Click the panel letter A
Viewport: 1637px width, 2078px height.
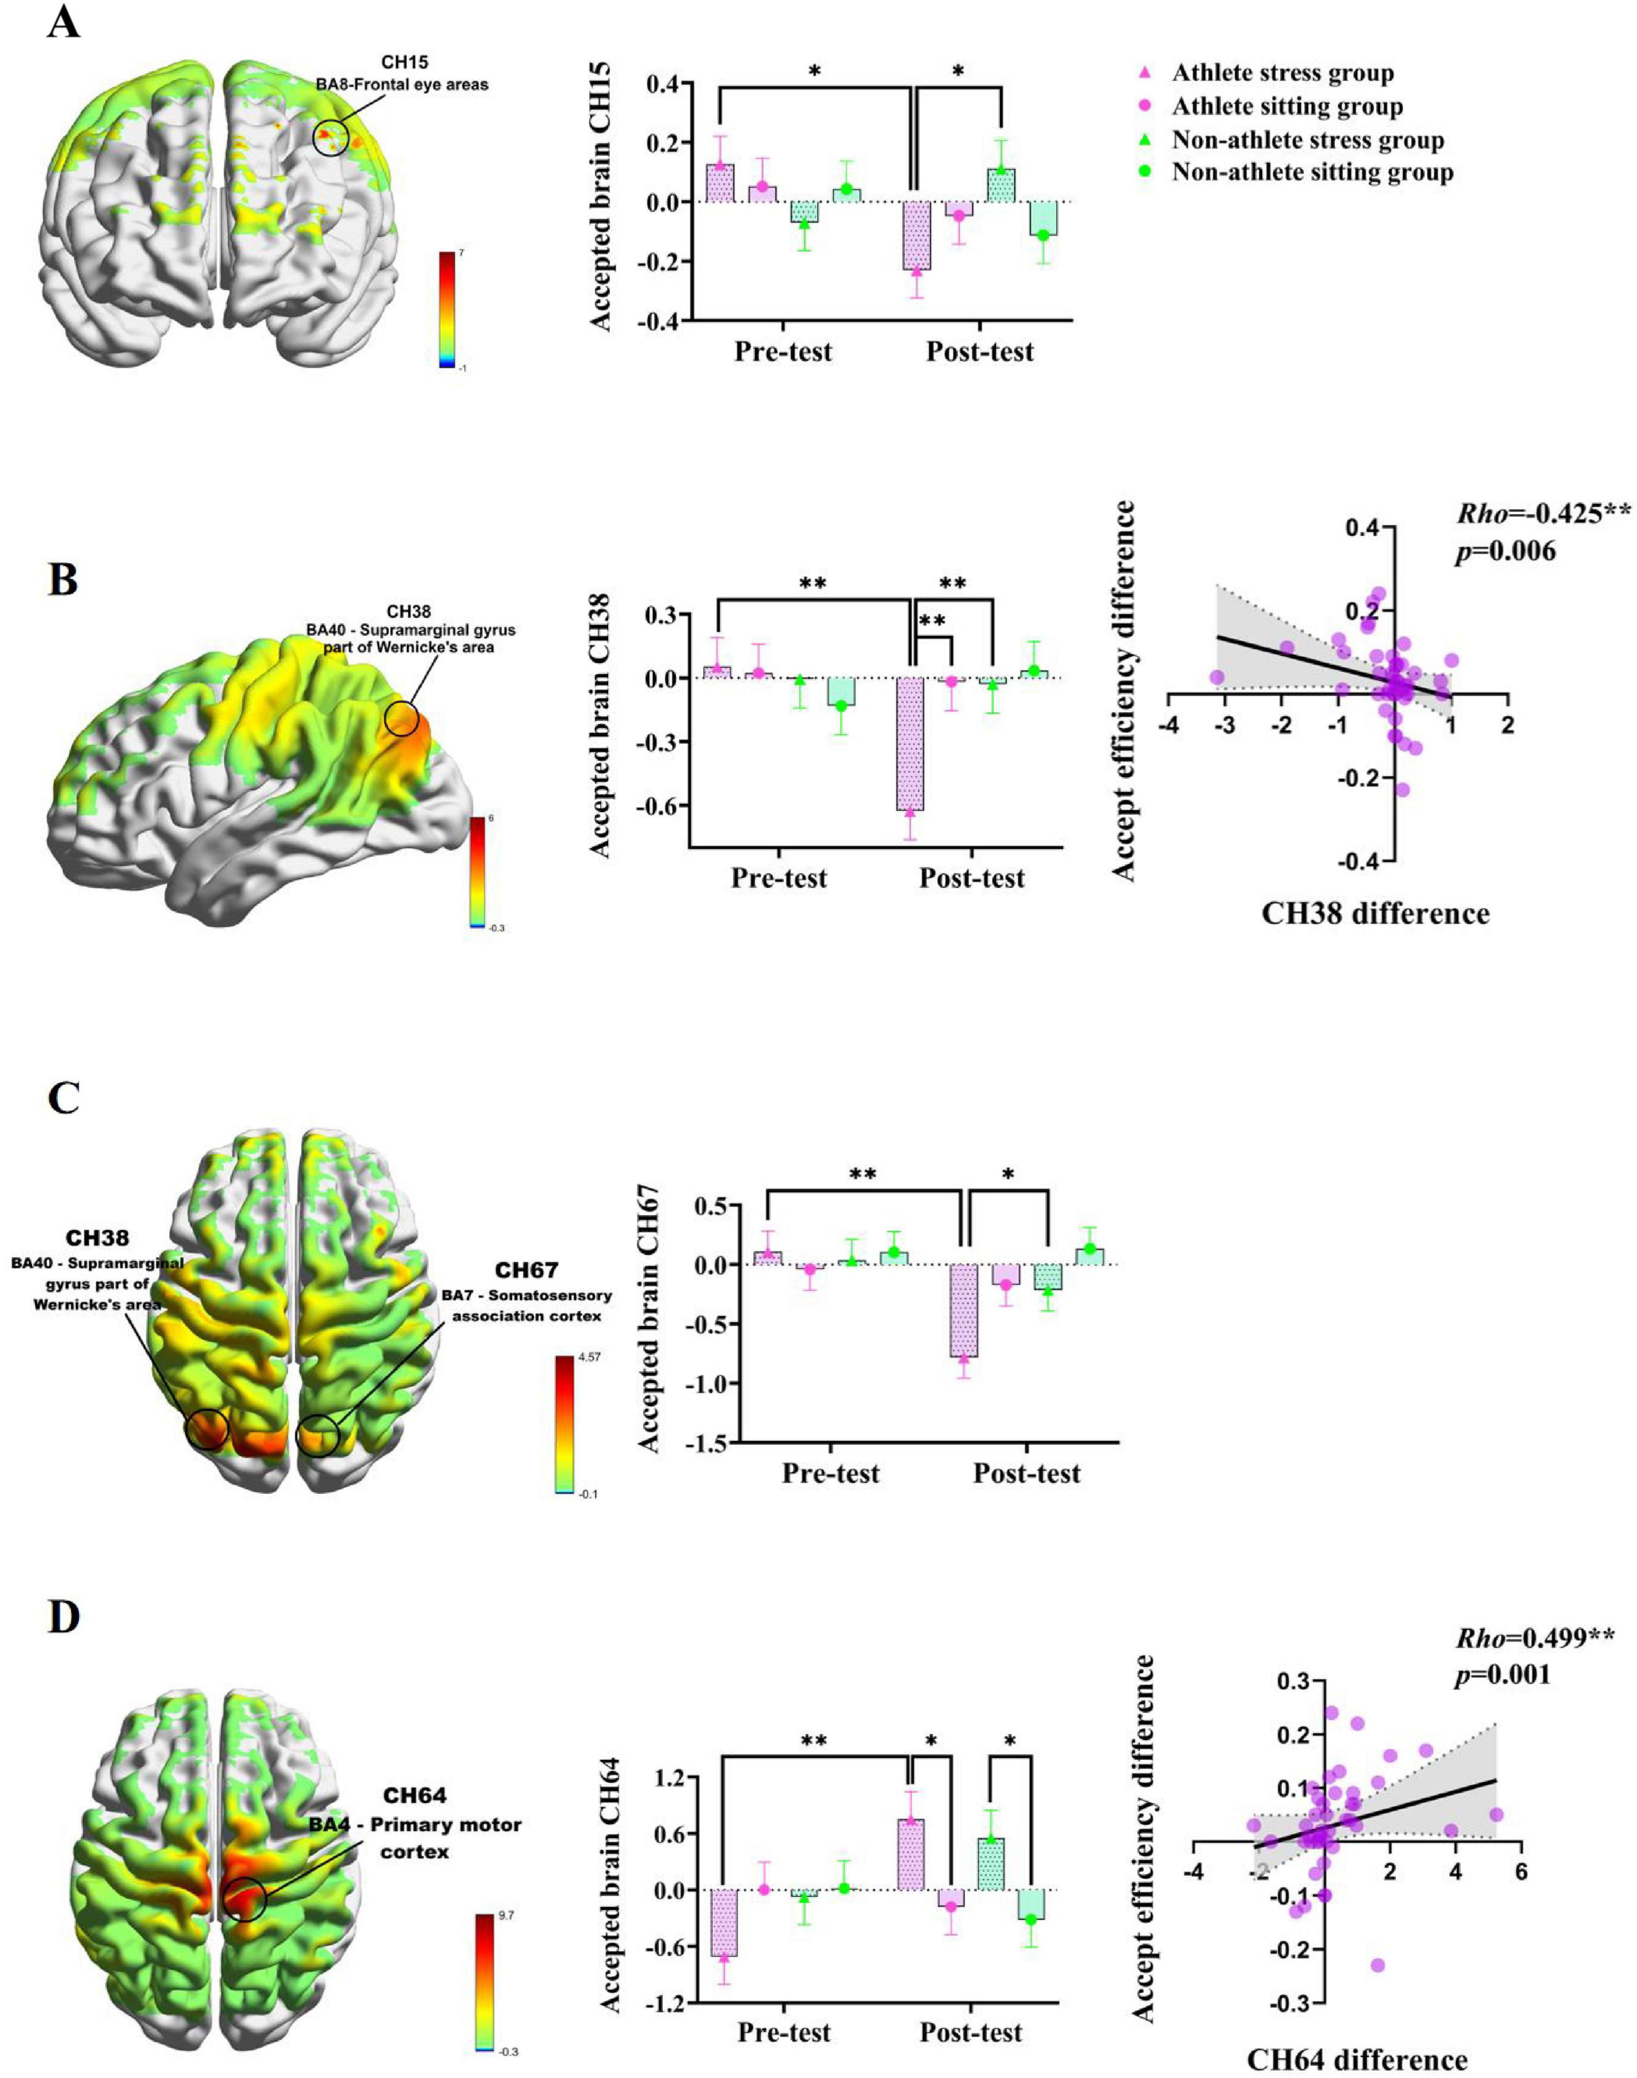(63, 21)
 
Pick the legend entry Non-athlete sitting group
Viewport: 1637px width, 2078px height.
(1311, 173)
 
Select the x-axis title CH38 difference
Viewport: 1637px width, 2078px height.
(1374, 913)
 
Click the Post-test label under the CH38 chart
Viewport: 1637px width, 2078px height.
(971, 878)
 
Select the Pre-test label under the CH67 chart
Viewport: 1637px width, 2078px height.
(830, 1473)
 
